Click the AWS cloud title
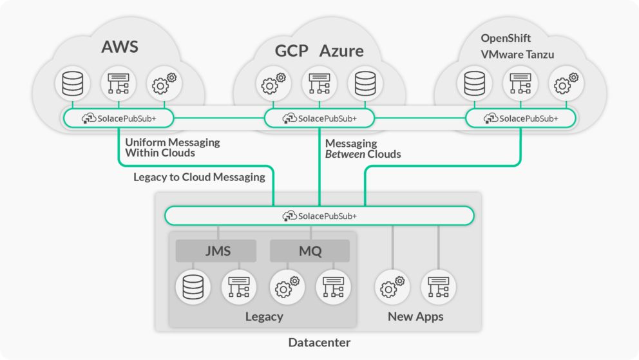pyautogui.click(x=120, y=47)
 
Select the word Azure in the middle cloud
pyautogui.click(x=341, y=51)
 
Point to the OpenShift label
pyautogui.click(x=506, y=38)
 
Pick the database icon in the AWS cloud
pyautogui.click(x=72, y=84)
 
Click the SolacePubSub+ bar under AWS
pyautogui.click(x=119, y=118)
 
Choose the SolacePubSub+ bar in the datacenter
pyautogui.click(x=319, y=216)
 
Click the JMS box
pyautogui.click(x=216, y=251)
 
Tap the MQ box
pyautogui.click(x=309, y=251)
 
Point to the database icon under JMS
pyautogui.click(x=192, y=287)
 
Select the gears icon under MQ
pyautogui.click(x=287, y=287)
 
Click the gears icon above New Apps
pyautogui.click(x=392, y=287)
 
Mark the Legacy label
pyautogui.click(x=264, y=316)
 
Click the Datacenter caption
pyautogui.click(x=319, y=343)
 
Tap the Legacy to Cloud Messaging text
pyautogui.click(x=199, y=177)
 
